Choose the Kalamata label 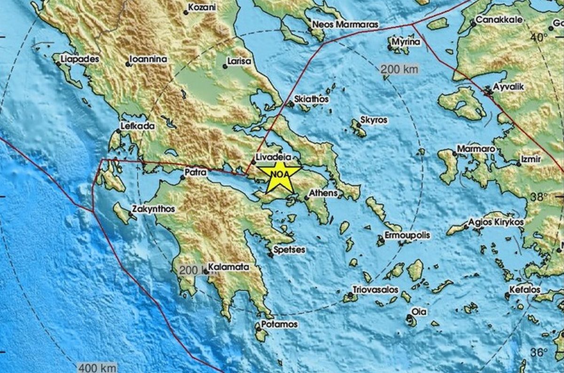(x=228, y=267)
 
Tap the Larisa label (x=239, y=61)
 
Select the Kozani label (x=203, y=8)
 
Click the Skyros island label (x=374, y=120)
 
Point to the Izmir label (x=532, y=160)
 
